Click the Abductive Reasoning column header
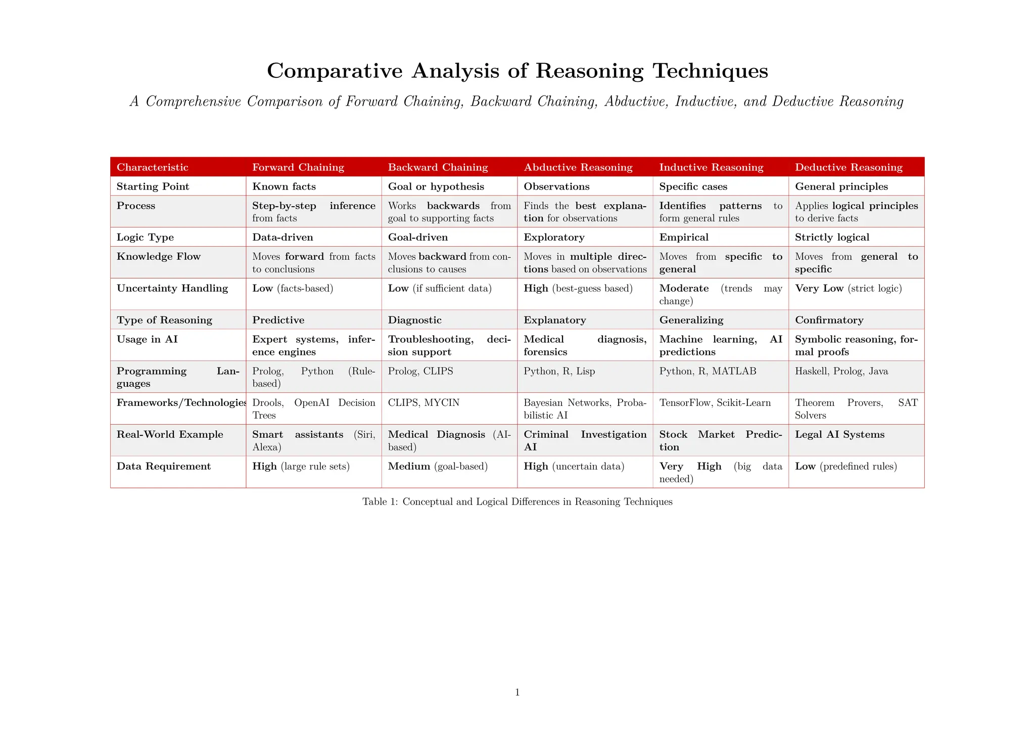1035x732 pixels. coord(578,167)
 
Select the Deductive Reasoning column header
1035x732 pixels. coord(849,167)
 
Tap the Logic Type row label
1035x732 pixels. coord(145,237)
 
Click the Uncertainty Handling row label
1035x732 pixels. coord(172,288)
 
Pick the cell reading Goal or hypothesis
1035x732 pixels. coord(436,187)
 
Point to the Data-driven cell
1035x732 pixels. coord(283,237)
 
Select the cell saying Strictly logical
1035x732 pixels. coord(832,237)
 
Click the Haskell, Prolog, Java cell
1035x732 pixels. coord(841,371)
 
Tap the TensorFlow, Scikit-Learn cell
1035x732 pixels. coord(715,403)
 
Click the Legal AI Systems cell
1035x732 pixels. coord(839,435)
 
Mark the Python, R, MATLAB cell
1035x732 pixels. coord(708,371)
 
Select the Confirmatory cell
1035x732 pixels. coord(829,320)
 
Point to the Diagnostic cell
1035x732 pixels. coord(414,320)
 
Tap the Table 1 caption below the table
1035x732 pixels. coord(517,501)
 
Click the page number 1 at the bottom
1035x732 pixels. coord(517,693)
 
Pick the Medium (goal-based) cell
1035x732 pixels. coord(438,466)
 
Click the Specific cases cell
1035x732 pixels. coord(693,187)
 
